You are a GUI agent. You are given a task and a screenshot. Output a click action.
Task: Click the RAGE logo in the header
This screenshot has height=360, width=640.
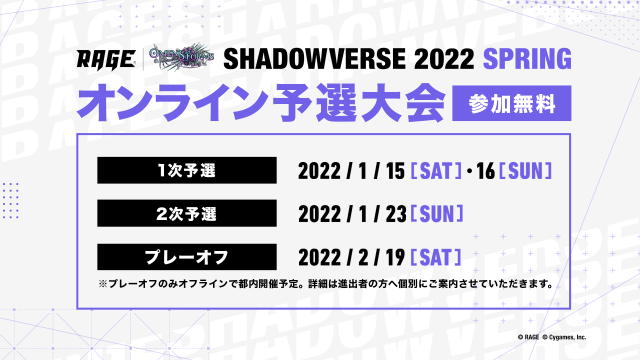(106, 60)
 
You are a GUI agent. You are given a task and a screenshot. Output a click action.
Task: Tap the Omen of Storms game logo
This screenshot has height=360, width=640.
(181, 57)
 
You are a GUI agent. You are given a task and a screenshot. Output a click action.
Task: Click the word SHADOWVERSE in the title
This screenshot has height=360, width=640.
(314, 59)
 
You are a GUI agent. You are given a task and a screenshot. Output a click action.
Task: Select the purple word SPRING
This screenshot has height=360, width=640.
(527, 59)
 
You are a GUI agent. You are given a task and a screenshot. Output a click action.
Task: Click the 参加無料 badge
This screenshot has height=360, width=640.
(511, 103)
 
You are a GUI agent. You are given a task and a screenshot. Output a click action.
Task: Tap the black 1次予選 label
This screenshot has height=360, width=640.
(187, 170)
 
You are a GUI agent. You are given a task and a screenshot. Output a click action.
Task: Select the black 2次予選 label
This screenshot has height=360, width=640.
(187, 213)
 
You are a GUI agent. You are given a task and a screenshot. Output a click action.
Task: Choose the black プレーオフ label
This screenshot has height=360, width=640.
(187, 257)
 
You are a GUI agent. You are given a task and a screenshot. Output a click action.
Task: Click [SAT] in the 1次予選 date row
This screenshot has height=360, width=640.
(436, 171)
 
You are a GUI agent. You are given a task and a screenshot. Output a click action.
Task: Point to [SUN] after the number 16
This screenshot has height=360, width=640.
(525, 171)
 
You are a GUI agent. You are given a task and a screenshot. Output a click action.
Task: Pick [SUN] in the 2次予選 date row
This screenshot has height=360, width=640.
(437, 213)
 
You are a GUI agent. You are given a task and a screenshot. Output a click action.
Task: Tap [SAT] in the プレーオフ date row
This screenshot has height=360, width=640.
(436, 257)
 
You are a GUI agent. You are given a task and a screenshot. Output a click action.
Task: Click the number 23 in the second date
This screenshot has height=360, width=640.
(395, 214)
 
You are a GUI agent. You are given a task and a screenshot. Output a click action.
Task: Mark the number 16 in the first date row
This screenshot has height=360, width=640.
(485, 171)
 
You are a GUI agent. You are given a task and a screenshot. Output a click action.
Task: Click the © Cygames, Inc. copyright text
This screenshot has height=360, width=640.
(564, 337)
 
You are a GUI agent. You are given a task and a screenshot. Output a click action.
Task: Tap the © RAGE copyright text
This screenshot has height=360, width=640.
(528, 337)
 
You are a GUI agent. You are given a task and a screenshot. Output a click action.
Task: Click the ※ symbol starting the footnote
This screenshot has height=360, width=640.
(102, 284)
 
